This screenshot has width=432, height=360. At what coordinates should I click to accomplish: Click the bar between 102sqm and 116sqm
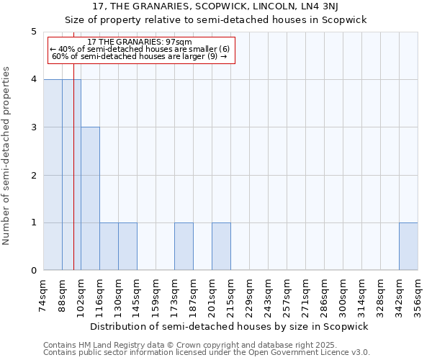tap(90, 199)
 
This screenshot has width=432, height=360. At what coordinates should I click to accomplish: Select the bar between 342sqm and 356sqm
tap(408, 246)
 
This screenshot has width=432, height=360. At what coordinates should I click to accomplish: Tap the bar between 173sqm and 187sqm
tap(184, 246)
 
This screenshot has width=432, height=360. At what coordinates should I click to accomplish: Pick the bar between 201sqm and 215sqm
tap(221, 246)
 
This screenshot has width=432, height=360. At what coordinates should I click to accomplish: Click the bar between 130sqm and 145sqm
tap(127, 246)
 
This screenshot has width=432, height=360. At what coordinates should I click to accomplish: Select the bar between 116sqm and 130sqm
tap(109, 246)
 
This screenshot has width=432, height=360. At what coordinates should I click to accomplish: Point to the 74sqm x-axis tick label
tap(44, 294)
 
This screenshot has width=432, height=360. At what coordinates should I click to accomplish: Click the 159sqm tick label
tap(156, 294)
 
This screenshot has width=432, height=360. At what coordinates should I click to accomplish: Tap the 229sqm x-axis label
tap(250, 294)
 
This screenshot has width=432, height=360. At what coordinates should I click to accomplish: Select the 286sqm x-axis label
tap(325, 294)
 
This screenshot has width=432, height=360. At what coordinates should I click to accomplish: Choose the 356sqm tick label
tap(418, 294)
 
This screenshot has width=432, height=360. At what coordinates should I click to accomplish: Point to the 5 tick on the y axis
tap(33, 32)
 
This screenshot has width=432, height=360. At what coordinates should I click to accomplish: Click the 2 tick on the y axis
tap(33, 175)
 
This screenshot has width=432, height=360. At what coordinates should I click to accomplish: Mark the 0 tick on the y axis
tap(33, 271)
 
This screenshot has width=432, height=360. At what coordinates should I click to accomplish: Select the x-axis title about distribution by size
tap(230, 326)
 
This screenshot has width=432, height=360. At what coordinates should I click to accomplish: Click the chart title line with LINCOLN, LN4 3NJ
tap(215, 6)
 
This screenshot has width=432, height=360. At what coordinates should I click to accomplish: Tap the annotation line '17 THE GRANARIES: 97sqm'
tap(140, 42)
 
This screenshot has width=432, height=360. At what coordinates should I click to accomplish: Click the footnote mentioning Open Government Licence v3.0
tap(207, 353)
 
